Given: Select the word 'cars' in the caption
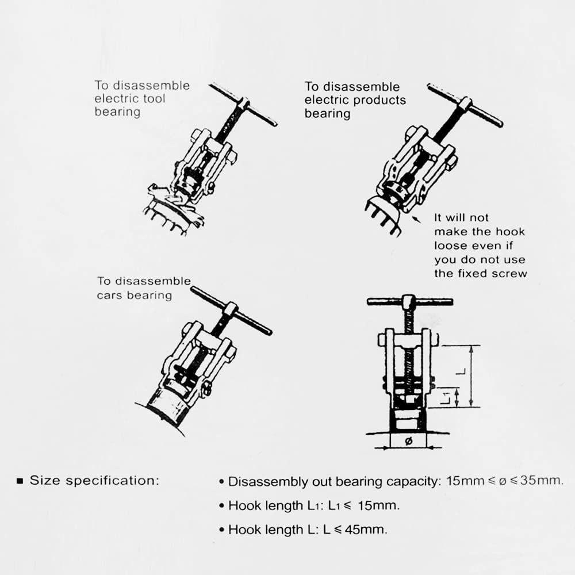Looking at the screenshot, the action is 109,296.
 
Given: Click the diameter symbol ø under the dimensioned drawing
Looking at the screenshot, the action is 408,442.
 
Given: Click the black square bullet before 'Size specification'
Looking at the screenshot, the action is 20,481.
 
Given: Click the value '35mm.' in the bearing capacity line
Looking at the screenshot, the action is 542,480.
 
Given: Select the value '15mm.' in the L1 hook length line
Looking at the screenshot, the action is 379,505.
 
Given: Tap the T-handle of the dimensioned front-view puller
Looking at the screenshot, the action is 410,302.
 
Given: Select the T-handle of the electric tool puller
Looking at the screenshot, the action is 243,105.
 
